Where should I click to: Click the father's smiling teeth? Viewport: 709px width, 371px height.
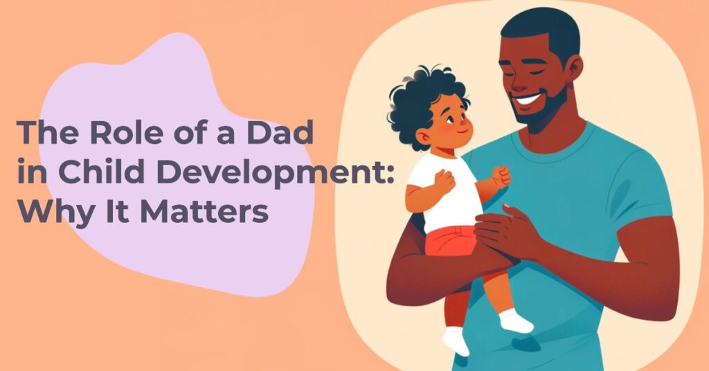pos(528,99)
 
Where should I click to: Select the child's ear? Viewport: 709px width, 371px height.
pos(425,136)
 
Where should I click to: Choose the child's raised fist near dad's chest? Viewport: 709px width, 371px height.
pos(501,176)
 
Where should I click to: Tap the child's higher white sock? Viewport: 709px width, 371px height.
pos(516,320)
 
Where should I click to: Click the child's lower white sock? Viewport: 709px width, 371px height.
pos(456,341)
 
